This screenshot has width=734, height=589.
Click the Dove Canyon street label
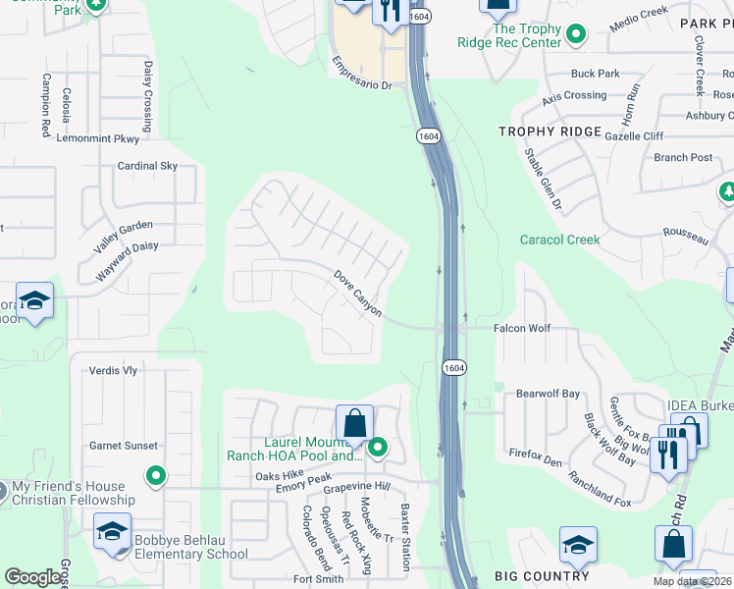[358, 294]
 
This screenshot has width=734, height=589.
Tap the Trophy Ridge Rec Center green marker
[577, 36]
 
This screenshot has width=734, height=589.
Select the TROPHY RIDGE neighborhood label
[550, 132]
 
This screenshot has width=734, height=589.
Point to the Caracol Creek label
[559, 240]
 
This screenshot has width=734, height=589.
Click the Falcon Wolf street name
[522, 329]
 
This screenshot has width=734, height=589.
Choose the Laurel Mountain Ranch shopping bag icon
[354, 424]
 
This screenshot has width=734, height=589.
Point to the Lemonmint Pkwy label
[98, 139]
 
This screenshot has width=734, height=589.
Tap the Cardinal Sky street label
[147, 166]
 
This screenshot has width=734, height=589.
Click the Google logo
[33, 576]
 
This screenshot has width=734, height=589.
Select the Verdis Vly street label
[113, 371]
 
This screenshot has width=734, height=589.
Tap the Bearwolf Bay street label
[549, 394]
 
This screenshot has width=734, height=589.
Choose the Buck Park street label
[596, 74]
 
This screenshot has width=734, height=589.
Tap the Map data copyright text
[692, 581]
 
